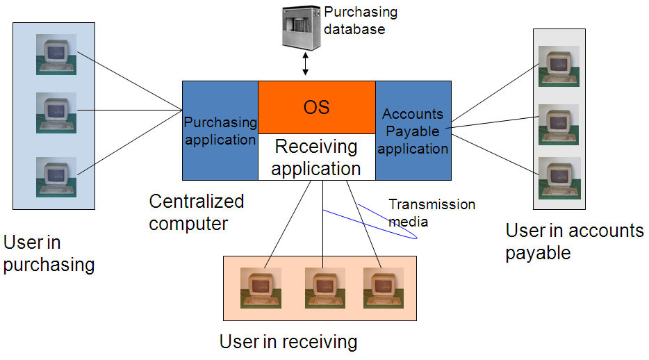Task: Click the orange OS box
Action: [x=316, y=107]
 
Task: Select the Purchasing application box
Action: [x=220, y=131]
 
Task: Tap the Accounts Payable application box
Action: [x=413, y=131]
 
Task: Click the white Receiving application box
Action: [x=316, y=157]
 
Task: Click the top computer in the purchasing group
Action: [x=56, y=55]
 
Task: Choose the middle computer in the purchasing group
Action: [x=56, y=113]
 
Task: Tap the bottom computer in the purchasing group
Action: [x=56, y=177]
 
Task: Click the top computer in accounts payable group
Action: [x=559, y=67]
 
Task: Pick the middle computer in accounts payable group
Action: [x=559, y=124]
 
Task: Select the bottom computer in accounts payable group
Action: [x=559, y=178]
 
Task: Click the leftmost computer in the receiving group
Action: [x=261, y=288]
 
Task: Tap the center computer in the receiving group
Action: [x=324, y=288]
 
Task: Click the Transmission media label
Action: [x=432, y=212]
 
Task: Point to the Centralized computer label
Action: [x=197, y=213]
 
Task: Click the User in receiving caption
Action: [x=288, y=341]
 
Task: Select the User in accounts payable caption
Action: [x=574, y=241]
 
